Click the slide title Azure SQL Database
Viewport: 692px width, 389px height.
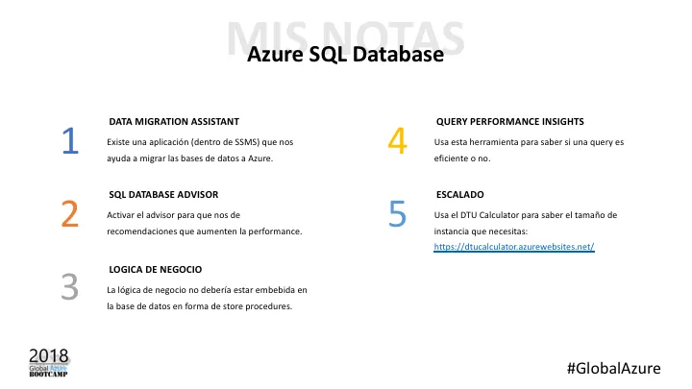pos(345,55)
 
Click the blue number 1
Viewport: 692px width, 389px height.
pos(69,141)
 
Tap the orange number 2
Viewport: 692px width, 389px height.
pos(69,214)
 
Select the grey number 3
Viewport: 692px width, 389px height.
pos(69,287)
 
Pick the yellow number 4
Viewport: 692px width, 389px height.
pos(397,141)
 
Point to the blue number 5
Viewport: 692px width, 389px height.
pos(397,214)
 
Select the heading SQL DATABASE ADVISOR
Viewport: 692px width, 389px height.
pos(164,194)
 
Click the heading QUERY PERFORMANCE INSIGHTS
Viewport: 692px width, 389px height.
pos(509,122)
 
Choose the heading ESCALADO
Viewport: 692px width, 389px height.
pos(459,194)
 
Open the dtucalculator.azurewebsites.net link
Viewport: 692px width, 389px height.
pos(514,247)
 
